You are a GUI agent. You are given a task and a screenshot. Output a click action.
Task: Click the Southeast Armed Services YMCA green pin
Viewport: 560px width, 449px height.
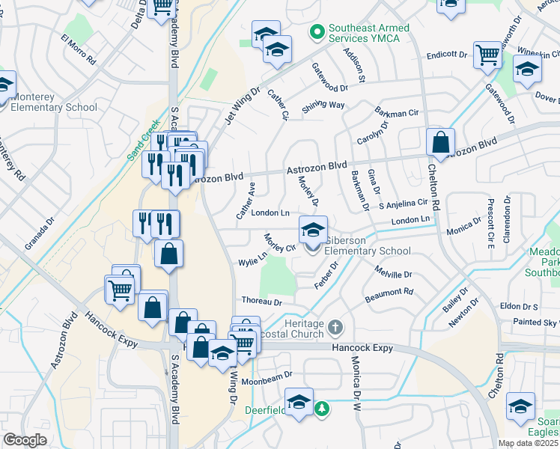pos(317,33)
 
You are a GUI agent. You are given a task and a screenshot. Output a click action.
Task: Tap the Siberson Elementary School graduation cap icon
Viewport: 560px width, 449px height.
pos(314,228)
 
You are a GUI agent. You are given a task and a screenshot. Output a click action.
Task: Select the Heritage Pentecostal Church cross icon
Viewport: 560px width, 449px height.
pos(336,326)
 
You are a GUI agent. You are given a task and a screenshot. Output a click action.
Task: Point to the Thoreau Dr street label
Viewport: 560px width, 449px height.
pos(261,302)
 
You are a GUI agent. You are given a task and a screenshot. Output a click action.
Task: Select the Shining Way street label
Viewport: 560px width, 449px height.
pos(323,106)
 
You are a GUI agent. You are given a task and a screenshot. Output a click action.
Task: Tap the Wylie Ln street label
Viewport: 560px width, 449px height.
pos(252,260)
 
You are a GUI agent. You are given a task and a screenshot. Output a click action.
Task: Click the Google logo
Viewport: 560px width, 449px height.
pos(25,440)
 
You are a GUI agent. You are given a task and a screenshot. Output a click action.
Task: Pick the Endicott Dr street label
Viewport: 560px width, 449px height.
pos(447,55)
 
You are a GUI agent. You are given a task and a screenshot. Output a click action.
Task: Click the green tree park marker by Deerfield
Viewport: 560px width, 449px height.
pos(321,409)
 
